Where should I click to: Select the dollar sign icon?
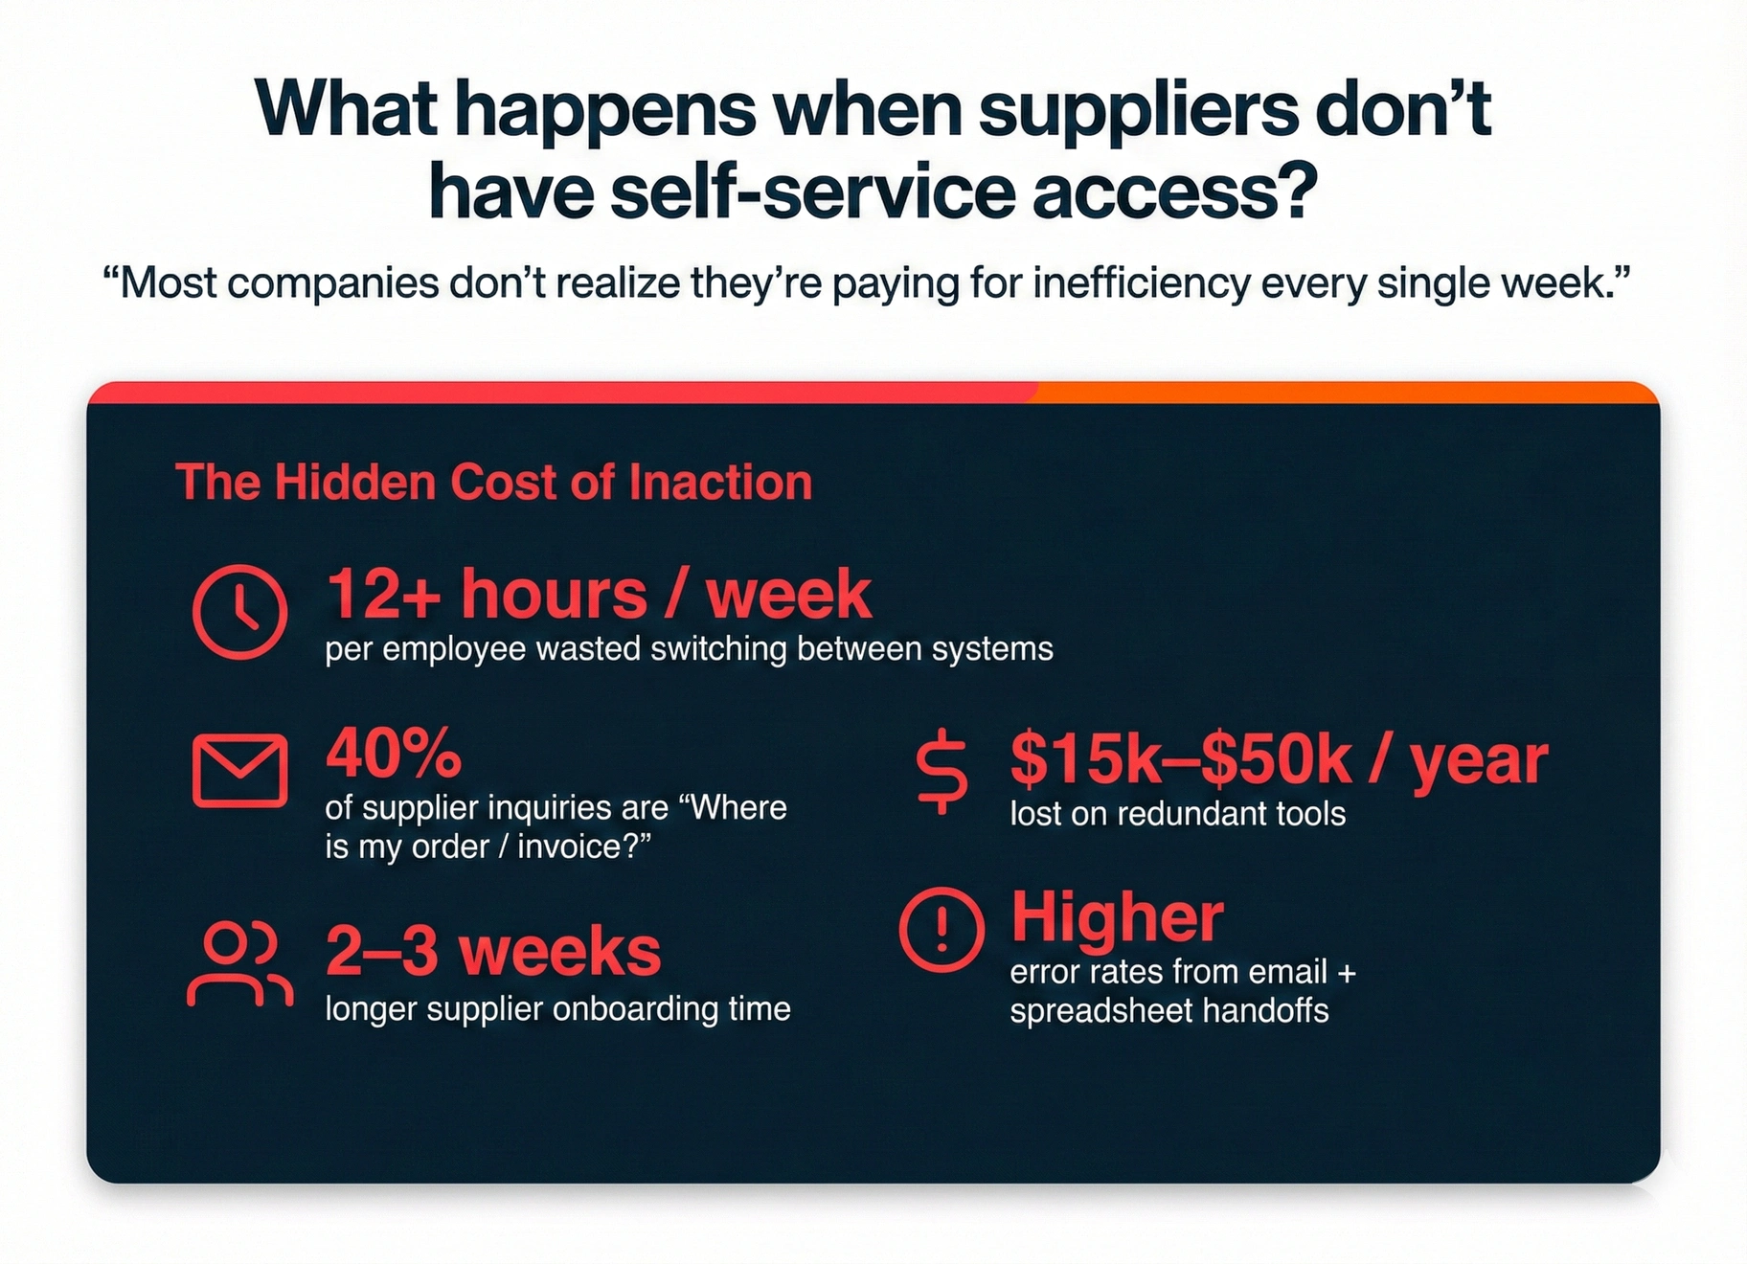click(x=942, y=772)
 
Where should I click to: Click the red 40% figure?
click(x=394, y=753)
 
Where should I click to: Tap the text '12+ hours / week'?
click(x=599, y=595)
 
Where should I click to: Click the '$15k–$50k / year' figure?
click(x=1279, y=760)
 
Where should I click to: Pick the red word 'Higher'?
click(x=1117, y=917)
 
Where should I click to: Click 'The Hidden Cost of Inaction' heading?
click(x=494, y=482)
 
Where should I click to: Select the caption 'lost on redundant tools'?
click(x=1177, y=814)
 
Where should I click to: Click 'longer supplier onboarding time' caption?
click(x=557, y=1009)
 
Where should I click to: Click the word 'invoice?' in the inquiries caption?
click(x=584, y=846)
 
